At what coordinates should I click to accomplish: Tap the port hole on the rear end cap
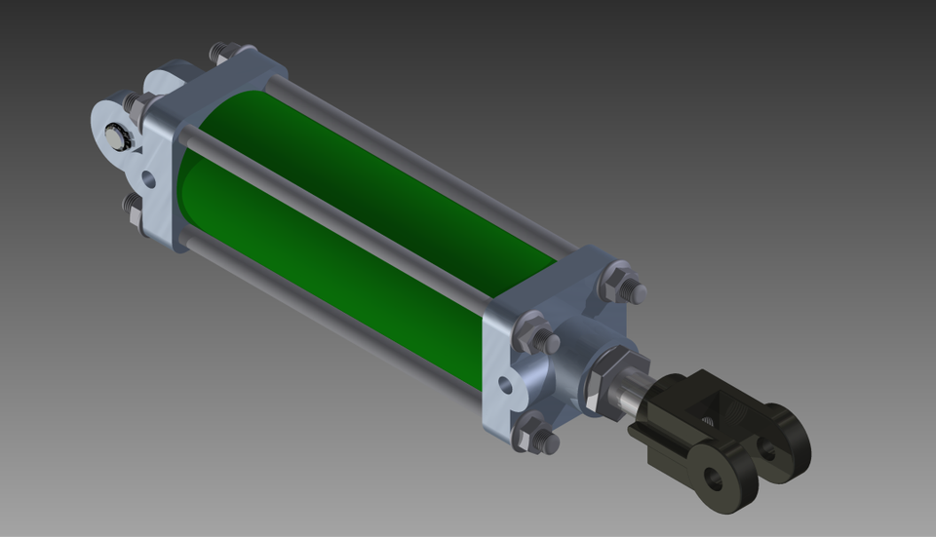click(147, 179)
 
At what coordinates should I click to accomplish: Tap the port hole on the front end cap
click(504, 383)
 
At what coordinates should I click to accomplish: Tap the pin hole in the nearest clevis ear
click(715, 479)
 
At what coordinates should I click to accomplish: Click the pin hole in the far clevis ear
click(768, 449)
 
